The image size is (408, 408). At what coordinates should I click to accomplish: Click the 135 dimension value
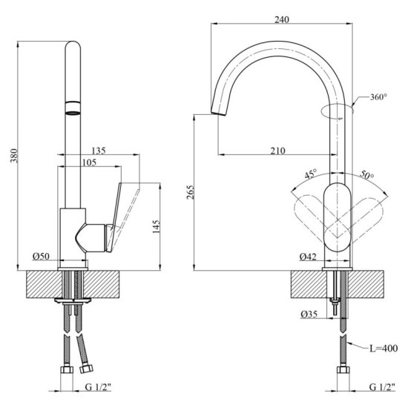pos(99,151)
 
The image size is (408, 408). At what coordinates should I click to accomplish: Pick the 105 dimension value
pos(90,163)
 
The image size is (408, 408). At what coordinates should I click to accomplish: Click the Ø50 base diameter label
pos(42,256)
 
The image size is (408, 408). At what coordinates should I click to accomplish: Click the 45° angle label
pos(311,174)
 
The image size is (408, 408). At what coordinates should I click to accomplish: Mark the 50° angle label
pos(366,176)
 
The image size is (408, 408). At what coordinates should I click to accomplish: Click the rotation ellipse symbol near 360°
pos(338,112)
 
